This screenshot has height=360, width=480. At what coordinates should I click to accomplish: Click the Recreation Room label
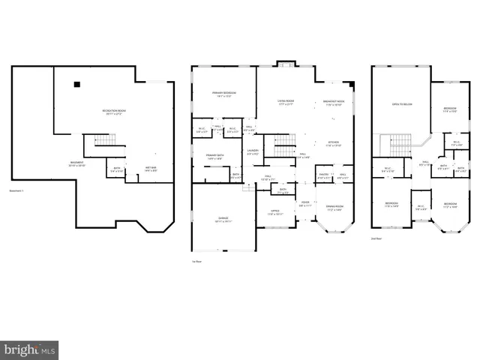[114, 112]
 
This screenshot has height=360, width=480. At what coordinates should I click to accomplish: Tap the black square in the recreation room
[76, 84]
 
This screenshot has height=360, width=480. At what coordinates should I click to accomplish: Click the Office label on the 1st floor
[274, 212]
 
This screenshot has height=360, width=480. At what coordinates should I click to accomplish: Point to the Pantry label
[323, 177]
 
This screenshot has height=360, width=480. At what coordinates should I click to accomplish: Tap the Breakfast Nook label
[334, 103]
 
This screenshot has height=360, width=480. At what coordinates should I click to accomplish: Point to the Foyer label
[304, 203]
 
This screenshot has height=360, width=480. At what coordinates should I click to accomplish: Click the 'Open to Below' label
[402, 105]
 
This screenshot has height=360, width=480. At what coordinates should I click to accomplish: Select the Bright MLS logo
[28, 350]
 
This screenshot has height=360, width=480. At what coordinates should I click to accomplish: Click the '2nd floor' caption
[377, 238]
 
